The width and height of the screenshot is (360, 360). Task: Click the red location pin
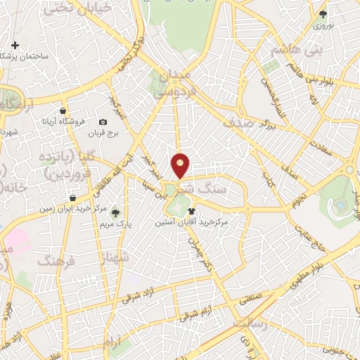[181, 165]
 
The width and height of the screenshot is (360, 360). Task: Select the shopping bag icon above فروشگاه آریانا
[63, 110]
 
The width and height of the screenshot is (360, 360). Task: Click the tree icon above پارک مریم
[115, 212]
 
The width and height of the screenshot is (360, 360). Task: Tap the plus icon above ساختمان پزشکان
[15, 44]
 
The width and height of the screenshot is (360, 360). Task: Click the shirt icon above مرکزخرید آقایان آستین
[191, 210]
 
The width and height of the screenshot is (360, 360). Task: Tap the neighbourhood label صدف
[237, 121]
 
